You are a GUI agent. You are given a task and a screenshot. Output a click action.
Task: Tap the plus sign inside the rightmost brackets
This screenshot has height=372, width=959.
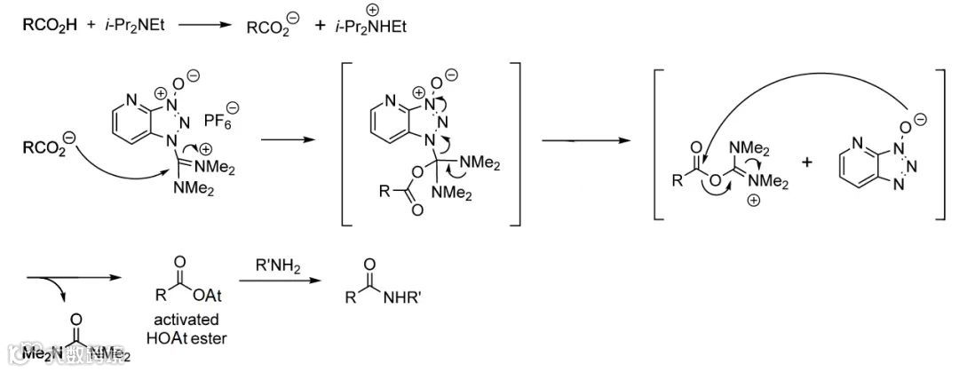click(x=806, y=163)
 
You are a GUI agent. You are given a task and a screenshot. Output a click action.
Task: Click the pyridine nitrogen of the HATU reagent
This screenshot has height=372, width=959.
click(x=119, y=91)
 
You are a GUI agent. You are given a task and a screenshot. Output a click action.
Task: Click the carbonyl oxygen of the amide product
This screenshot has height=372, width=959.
click(x=369, y=263)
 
